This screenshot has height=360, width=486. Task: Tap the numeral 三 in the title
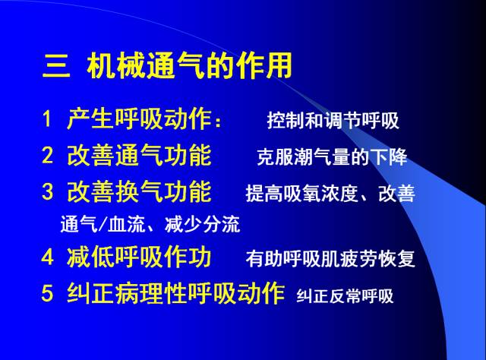[55, 67]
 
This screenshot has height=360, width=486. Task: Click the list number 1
[46, 120]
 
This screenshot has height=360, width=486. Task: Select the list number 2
[47, 156]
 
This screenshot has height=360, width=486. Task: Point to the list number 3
[47, 191]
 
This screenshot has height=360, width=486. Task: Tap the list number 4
[47, 258]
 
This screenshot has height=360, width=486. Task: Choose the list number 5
[47, 294]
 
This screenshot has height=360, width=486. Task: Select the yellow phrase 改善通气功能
[139, 156]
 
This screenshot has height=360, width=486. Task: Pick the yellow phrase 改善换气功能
[139, 191]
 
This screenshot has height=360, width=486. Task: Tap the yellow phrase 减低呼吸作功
[139, 258]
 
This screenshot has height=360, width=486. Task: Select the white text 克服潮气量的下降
[332, 157]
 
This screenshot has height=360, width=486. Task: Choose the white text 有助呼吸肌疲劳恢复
[330, 260]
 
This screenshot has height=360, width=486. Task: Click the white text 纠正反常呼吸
[345, 296]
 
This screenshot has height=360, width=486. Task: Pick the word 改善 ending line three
[397, 194]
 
